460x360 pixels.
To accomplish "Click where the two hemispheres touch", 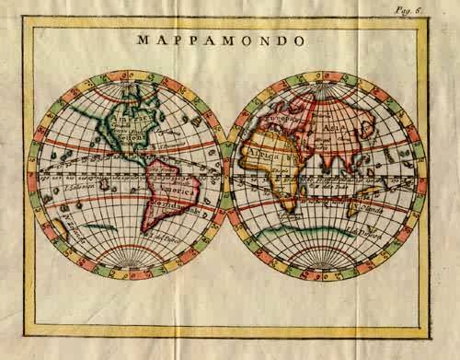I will pos(228,175).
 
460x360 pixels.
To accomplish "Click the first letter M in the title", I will pos(143,41).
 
